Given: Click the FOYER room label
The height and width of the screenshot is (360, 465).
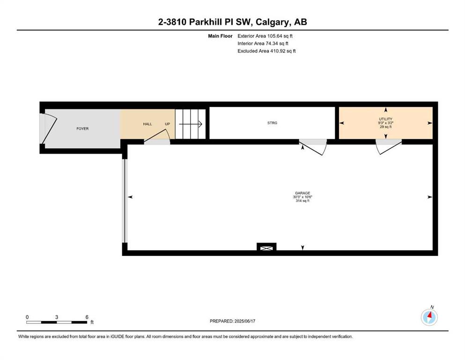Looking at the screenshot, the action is pyautogui.click(x=82, y=128).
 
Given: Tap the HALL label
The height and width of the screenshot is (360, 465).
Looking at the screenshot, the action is pyautogui.click(x=148, y=124).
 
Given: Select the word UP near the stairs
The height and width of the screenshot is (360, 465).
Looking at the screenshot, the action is pyautogui.click(x=167, y=124).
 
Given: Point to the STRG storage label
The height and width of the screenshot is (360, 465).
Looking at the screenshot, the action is pyautogui.click(x=272, y=122).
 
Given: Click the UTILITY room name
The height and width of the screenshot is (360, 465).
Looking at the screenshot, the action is pyautogui.click(x=385, y=119).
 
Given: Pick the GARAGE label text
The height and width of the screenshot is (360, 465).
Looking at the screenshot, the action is pyautogui.click(x=303, y=193).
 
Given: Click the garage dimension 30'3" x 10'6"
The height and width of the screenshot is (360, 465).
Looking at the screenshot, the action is pyautogui.click(x=303, y=197).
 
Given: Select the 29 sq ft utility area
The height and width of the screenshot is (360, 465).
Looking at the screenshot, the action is pyautogui.click(x=385, y=127).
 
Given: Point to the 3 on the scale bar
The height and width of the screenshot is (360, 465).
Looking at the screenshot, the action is pyautogui.click(x=56, y=317).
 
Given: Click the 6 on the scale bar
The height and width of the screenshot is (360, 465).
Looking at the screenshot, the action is pyautogui.click(x=87, y=317).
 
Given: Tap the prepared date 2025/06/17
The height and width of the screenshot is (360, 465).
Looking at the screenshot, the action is pyautogui.click(x=244, y=321).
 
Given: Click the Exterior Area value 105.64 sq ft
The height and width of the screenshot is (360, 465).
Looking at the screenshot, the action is pyautogui.click(x=280, y=36).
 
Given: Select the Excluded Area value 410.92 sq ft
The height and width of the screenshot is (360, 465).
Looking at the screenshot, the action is pyautogui.click(x=283, y=51).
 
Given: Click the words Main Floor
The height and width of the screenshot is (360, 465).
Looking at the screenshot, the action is pyautogui.click(x=220, y=36).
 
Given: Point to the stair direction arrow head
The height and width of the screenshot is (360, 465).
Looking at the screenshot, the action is pyautogui.click(x=200, y=124).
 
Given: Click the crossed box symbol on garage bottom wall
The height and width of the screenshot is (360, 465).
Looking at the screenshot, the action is pyautogui.click(x=266, y=247).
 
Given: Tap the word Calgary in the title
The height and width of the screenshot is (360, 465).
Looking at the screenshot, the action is pyautogui.click(x=273, y=22).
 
